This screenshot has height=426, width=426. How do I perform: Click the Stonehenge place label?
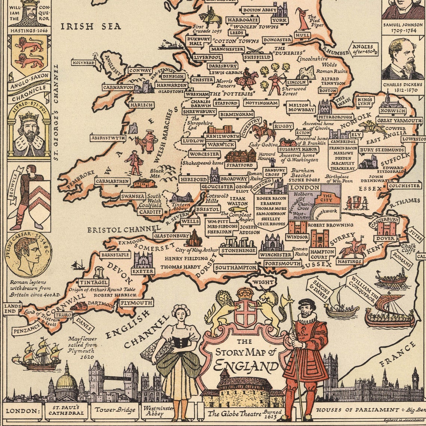tap(238, 250)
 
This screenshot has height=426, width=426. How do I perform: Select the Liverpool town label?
tap(207, 58)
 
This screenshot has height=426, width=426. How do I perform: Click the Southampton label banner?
tap(236, 268)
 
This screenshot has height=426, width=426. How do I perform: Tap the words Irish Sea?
tap(91, 26)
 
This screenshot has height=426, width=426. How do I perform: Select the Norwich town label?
tap(392, 111)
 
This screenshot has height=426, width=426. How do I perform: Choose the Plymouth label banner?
tap(137, 303)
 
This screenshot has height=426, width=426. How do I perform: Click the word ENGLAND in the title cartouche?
tap(246, 366)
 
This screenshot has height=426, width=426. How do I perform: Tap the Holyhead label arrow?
tap(83, 63)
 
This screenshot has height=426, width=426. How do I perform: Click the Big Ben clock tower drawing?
tap(415, 379)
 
